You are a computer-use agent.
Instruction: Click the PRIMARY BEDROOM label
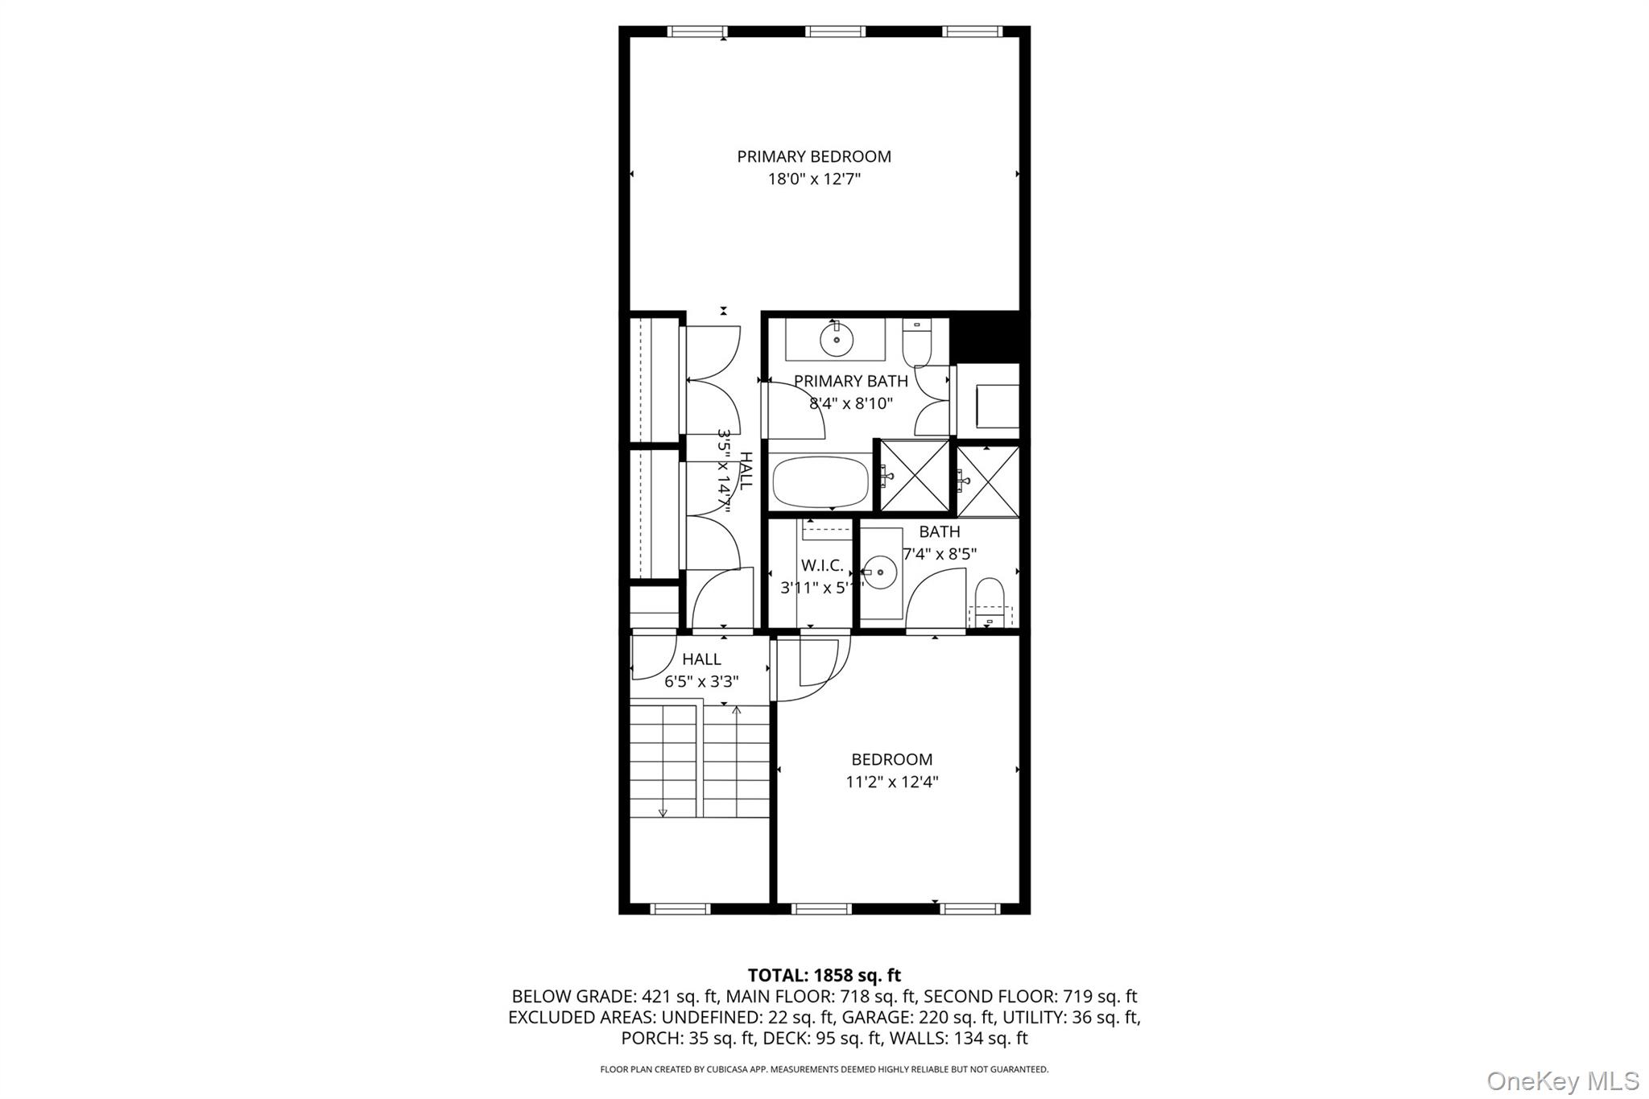(814, 156)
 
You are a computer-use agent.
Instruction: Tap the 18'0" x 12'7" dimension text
(814, 179)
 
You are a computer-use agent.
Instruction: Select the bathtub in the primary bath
(820, 482)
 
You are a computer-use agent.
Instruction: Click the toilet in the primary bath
(916, 343)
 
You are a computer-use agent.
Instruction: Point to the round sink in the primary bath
(837, 339)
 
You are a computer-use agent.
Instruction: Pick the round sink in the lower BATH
(880, 572)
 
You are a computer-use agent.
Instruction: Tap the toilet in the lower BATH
(989, 599)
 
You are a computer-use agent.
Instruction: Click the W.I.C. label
(822, 566)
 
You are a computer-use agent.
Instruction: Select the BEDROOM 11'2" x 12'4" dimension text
(892, 782)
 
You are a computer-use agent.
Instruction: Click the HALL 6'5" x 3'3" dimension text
(701, 682)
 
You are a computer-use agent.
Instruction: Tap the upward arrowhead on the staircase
(736, 710)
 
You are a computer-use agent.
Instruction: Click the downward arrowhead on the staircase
(663, 812)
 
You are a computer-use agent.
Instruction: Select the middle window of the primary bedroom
(835, 31)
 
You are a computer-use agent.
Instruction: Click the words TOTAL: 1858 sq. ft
(824, 976)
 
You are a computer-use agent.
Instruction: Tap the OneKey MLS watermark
(1562, 1080)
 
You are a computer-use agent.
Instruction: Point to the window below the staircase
(680, 909)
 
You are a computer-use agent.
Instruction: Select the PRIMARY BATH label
(850, 381)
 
